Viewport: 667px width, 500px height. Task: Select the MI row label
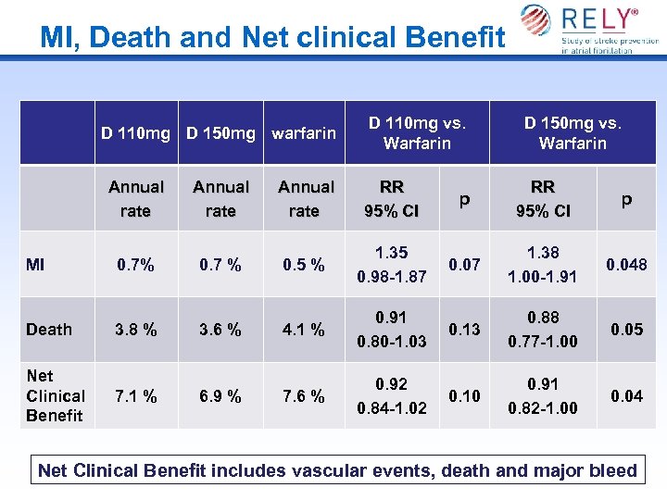tap(35, 265)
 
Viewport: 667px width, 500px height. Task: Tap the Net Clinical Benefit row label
tap(55, 395)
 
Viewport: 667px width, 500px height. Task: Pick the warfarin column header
tap(304, 132)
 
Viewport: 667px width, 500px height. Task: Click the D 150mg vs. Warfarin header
tap(572, 132)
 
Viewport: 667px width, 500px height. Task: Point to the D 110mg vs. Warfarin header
tap(417, 132)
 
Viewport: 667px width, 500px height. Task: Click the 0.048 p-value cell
tap(626, 265)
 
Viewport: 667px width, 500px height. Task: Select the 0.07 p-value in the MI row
tap(464, 265)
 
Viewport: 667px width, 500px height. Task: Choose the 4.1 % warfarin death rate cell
tap(305, 330)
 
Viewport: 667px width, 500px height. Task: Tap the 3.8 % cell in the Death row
tap(135, 330)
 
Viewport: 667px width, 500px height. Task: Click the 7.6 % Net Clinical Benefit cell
tap(305, 396)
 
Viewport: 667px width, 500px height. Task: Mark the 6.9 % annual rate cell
tap(220, 396)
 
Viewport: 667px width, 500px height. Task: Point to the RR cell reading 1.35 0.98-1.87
tap(392, 265)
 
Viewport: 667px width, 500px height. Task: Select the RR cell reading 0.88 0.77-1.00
tap(543, 330)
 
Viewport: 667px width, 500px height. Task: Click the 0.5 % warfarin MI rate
tap(305, 265)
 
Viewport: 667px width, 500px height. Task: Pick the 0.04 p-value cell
tap(626, 396)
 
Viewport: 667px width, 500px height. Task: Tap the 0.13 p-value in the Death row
tap(464, 330)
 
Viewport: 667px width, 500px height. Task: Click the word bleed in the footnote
tap(613, 470)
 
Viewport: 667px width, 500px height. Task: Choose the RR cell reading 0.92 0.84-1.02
tap(392, 396)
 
